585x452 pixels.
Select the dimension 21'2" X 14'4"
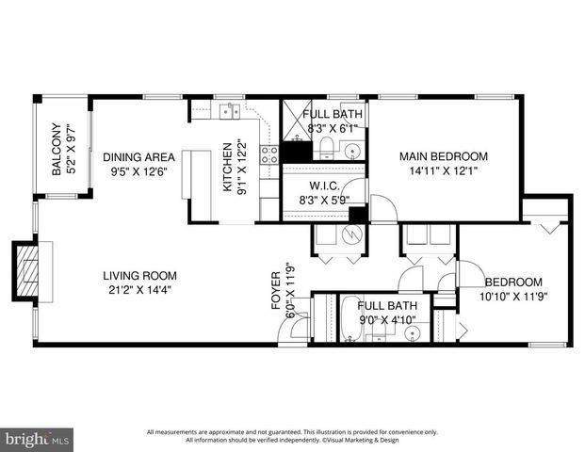(140, 290)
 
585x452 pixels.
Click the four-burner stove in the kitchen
(269, 154)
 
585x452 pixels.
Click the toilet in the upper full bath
(323, 145)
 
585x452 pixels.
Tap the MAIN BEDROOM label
(443, 156)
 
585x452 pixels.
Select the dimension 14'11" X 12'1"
(443, 171)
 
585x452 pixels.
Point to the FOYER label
(276, 293)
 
